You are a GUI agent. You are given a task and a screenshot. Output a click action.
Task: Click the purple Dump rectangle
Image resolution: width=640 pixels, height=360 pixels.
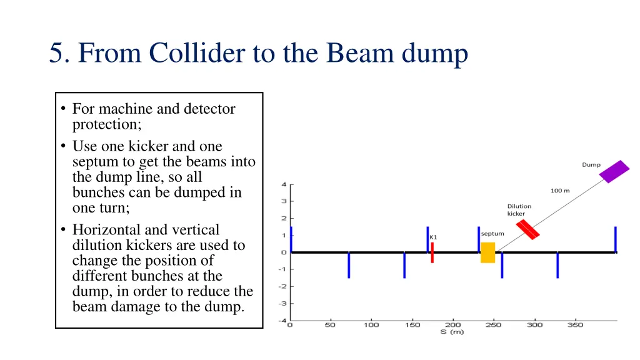coord(614,171)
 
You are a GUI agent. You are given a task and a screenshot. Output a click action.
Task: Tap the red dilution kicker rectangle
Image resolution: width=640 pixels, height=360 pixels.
coord(527,229)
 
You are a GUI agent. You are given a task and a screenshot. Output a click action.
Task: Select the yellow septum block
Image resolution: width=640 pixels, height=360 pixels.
coord(487,252)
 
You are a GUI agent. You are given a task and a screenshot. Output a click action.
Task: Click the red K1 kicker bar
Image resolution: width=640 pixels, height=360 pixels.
coord(432,252)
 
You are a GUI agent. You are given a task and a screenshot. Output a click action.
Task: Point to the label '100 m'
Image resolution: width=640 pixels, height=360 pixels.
coord(560,191)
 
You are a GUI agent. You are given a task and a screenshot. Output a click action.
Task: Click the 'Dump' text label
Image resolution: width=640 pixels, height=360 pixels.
coord(591,165)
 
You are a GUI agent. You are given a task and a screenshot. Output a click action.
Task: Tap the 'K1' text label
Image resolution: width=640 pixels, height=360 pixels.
coord(433,237)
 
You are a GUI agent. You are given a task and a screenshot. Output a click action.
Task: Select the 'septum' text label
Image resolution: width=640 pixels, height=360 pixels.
coord(492,234)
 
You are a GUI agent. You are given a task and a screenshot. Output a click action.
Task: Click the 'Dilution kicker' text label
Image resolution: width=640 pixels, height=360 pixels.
coord(519,210)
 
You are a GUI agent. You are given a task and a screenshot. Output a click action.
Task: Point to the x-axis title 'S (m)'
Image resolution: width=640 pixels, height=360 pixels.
coord(452,332)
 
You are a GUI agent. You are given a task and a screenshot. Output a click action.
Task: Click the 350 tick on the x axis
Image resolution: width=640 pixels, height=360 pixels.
coord(575,324)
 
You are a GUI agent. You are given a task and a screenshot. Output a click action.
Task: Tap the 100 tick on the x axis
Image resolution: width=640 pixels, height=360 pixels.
coord(371,324)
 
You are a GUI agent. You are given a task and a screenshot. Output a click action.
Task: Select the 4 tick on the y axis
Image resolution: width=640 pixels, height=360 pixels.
coord(284,184)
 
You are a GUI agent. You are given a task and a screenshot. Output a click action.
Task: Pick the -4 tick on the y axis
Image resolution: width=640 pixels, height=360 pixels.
coord(282,321)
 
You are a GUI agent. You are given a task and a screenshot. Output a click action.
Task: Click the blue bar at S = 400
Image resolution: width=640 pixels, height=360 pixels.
coord(616,239)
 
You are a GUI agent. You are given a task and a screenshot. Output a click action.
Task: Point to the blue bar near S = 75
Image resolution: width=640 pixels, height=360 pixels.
coord(349,265)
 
